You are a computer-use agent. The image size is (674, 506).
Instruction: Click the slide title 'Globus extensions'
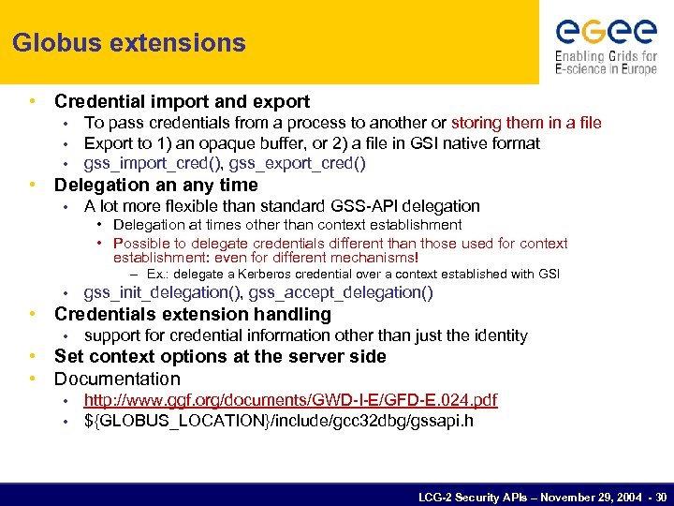[x=129, y=43]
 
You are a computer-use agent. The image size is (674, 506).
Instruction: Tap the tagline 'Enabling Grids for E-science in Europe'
[x=606, y=62]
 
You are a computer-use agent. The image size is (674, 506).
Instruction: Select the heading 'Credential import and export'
[x=182, y=101]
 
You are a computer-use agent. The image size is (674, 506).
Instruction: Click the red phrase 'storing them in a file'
[x=526, y=123]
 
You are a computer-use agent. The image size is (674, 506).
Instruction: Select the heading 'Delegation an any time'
[x=155, y=185]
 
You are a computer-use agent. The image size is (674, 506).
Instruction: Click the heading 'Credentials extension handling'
[x=192, y=314]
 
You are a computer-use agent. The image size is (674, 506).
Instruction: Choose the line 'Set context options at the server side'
[x=220, y=356]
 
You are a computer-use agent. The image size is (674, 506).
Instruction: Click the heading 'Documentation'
[x=117, y=379]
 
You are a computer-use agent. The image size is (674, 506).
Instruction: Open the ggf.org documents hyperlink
[x=290, y=400]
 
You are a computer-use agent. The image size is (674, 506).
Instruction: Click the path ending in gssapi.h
[x=278, y=421]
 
